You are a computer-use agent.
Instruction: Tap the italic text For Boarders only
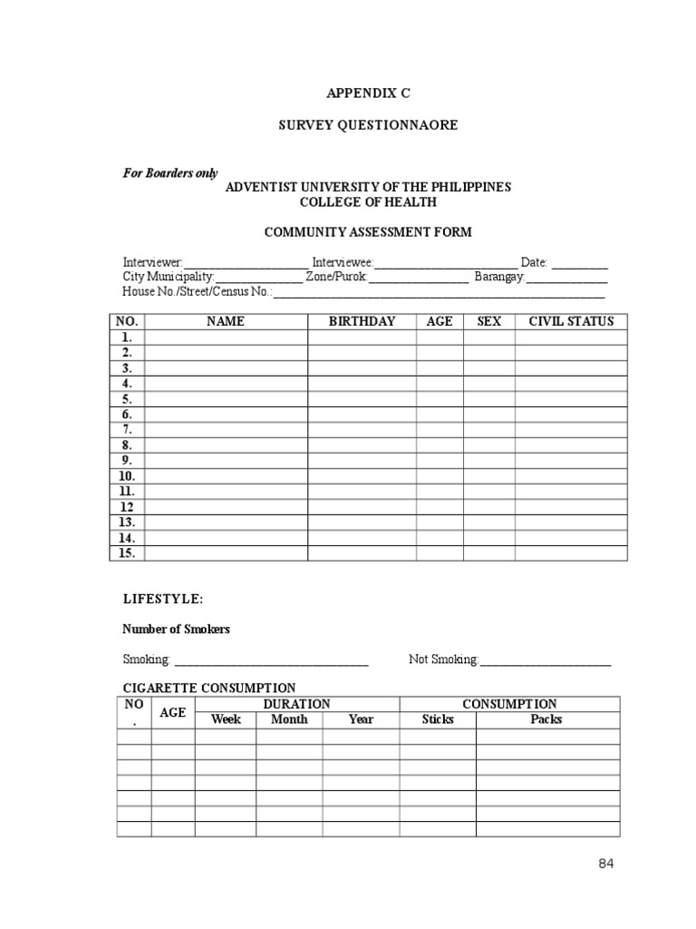[x=170, y=173]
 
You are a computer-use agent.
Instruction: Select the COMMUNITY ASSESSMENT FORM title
[x=367, y=232]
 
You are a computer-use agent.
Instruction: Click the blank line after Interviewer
[x=246, y=263]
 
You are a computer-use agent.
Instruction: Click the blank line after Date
[x=580, y=263]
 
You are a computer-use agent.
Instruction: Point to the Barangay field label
[x=499, y=277]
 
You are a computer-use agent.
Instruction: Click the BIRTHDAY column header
[x=362, y=321]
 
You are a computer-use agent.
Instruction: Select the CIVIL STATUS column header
[x=571, y=321]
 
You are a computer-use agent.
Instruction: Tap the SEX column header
[x=488, y=321]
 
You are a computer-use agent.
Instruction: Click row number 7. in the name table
[x=128, y=430]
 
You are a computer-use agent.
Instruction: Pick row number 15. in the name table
[x=126, y=553]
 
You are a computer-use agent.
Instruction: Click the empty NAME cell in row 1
[x=226, y=337]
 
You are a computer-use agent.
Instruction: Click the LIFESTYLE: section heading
[x=163, y=600]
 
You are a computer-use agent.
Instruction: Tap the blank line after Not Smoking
[x=546, y=661]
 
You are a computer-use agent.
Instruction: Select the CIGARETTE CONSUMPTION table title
[x=209, y=689]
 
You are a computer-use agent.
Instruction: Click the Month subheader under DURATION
[x=289, y=719]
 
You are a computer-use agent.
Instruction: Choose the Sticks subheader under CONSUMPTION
[x=438, y=719]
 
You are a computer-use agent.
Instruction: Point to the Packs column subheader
[x=546, y=719]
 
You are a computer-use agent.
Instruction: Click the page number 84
[x=606, y=864]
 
